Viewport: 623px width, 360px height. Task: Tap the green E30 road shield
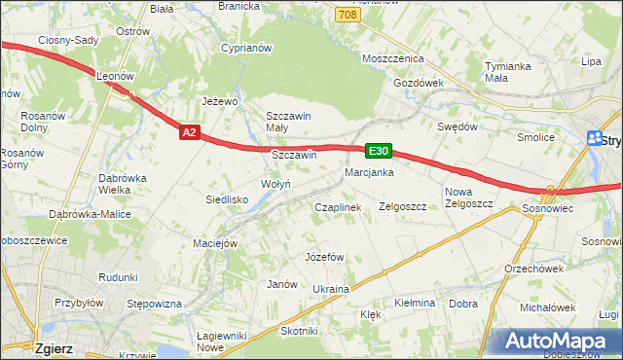(x=379, y=151)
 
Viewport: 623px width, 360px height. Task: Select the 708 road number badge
(x=348, y=15)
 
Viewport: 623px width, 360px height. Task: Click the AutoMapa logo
(x=561, y=341)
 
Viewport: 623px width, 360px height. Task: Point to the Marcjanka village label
(x=368, y=173)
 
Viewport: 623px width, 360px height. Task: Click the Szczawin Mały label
(x=288, y=122)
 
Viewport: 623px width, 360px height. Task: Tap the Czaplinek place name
(x=338, y=207)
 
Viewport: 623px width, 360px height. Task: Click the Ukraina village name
(x=330, y=290)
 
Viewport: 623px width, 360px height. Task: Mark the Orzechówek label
(x=533, y=269)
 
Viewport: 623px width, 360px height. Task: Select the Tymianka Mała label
(x=509, y=73)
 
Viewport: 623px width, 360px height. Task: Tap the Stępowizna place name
(x=155, y=304)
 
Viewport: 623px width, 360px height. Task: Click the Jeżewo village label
(x=219, y=100)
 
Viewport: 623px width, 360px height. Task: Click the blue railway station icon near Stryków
(x=596, y=140)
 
